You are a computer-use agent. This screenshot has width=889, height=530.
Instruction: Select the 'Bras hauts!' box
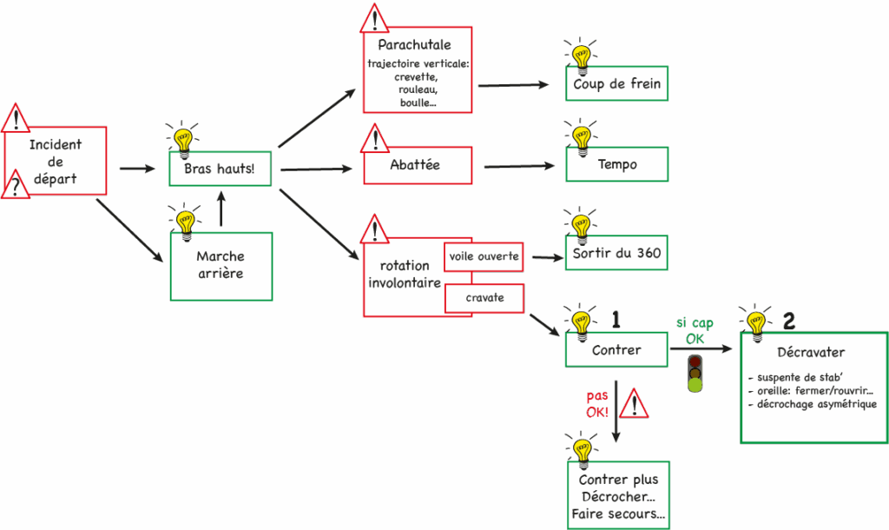(x=220, y=169)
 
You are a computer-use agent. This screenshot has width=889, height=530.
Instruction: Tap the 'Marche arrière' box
(x=221, y=265)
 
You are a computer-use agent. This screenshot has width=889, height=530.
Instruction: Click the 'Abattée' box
(x=418, y=165)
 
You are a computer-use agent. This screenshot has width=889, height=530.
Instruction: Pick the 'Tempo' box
(x=617, y=164)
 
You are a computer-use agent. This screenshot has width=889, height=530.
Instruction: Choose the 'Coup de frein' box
(x=617, y=84)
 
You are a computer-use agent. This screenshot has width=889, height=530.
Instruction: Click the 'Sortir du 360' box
(x=617, y=254)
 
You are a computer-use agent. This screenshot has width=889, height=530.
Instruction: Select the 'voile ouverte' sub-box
(x=484, y=256)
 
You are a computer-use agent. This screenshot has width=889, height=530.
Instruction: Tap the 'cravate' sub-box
(x=484, y=298)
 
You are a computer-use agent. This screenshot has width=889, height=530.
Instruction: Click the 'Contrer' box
(x=616, y=350)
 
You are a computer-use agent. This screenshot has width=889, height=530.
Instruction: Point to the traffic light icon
(x=695, y=373)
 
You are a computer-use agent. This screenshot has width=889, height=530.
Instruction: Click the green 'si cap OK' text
(x=695, y=331)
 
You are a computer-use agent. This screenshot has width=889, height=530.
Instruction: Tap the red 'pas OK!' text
(x=597, y=404)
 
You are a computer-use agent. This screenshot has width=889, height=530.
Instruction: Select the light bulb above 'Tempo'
(x=579, y=136)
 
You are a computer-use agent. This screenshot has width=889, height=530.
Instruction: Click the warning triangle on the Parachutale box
(x=374, y=19)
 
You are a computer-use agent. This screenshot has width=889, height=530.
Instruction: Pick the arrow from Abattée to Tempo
(x=517, y=165)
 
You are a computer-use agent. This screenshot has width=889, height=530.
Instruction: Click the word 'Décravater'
(x=813, y=352)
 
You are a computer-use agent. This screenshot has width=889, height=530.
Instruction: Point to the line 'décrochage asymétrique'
(x=813, y=404)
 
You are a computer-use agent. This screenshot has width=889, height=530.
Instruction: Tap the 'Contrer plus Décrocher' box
(x=618, y=496)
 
